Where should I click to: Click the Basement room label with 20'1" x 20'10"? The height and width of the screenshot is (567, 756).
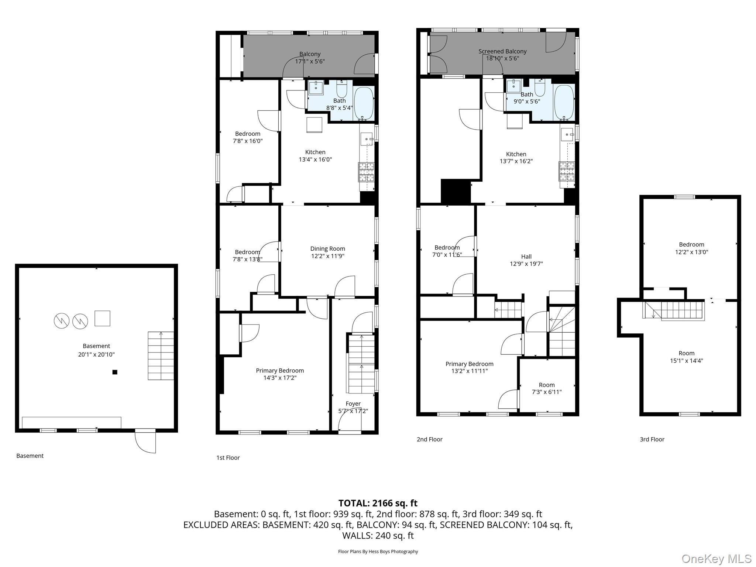(x=96, y=350)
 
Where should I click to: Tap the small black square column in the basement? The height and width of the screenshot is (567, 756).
(x=115, y=372)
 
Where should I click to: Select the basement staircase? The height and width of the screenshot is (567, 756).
(x=161, y=355)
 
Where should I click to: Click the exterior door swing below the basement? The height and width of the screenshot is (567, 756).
(x=145, y=441)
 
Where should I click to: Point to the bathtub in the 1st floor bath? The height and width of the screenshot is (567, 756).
(x=364, y=103)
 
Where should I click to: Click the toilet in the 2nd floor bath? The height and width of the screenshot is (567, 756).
(x=540, y=88)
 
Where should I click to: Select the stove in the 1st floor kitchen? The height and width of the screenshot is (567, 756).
(x=366, y=172)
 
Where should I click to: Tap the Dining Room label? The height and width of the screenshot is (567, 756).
(x=327, y=252)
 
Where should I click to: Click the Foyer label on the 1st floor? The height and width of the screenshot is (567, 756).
(x=353, y=407)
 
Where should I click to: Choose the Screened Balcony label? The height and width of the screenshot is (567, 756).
(x=502, y=55)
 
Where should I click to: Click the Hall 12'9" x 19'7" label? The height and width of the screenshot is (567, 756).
(x=526, y=260)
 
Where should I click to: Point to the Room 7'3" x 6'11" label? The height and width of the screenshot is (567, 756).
(x=546, y=388)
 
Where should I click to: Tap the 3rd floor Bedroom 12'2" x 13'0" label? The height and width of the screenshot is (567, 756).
(x=691, y=248)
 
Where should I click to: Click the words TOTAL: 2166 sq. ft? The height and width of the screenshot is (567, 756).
(x=378, y=503)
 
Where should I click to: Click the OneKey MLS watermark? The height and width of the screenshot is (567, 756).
(x=716, y=559)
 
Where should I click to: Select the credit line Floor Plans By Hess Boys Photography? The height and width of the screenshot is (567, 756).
(x=378, y=551)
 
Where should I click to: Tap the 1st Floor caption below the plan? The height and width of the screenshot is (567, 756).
(x=228, y=458)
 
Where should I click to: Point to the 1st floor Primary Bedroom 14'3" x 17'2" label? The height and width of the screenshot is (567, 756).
(x=280, y=374)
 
